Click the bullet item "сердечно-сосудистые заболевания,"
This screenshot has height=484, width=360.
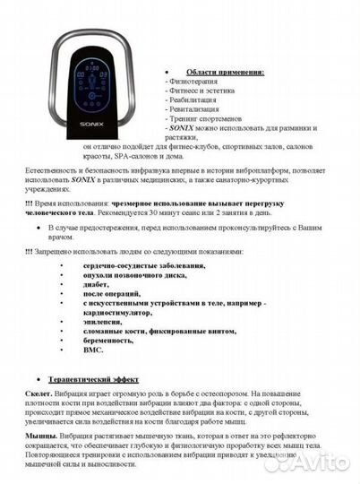tap(143, 265)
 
